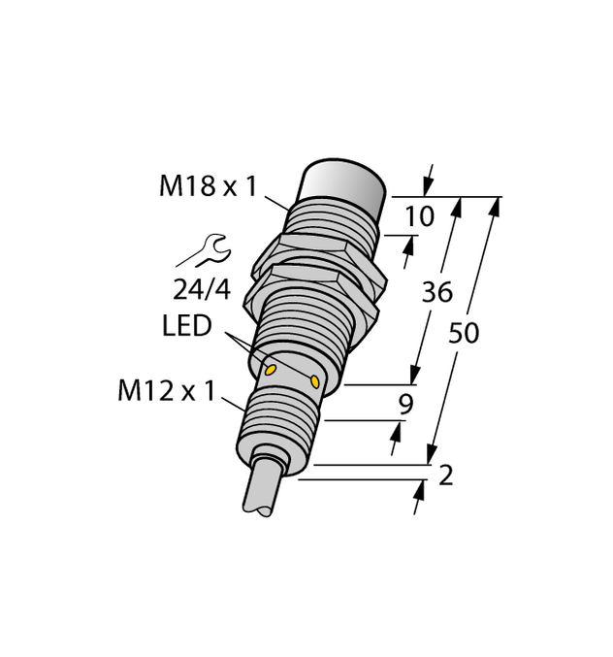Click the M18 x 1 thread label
pyautogui.click(x=208, y=185)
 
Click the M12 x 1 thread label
pyautogui.click(x=167, y=391)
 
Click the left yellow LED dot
pyautogui.click(x=271, y=370)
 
